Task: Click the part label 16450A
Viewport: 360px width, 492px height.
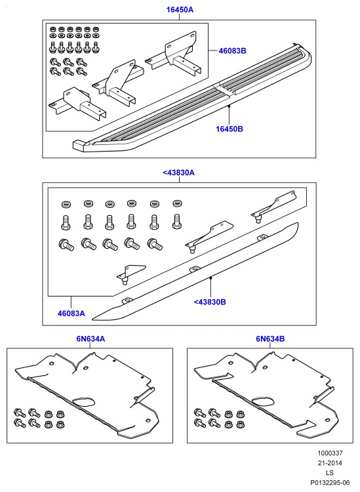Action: (x=180, y=10)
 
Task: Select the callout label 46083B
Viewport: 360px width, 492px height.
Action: (x=232, y=51)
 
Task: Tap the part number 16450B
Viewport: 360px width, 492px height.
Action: (x=230, y=129)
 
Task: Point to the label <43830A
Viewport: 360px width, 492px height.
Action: (x=179, y=173)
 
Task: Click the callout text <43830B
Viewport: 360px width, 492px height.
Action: (x=210, y=302)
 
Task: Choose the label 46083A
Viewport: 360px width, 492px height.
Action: (x=71, y=313)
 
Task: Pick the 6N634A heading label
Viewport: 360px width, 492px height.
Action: (x=90, y=339)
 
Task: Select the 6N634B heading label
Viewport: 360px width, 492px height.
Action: (x=270, y=339)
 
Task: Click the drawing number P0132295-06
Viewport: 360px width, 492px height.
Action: (x=330, y=482)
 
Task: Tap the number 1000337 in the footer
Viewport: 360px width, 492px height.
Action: (x=330, y=453)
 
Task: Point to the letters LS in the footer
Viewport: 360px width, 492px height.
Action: (x=330, y=472)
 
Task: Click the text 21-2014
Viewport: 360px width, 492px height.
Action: (x=330, y=463)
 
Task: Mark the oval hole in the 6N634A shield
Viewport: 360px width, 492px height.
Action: (x=84, y=403)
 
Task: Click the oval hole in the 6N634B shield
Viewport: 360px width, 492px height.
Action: (x=264, y=401)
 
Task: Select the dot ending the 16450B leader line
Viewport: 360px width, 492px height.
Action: (x=230, y=106)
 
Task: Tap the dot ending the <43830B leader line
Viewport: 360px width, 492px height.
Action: (x=210, y=277)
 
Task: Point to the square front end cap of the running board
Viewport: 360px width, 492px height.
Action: (x=79, y=146)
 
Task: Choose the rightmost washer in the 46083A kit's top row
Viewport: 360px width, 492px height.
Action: (x=177, y=203)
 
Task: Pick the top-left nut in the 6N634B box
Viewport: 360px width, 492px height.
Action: (x=228, y=414)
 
